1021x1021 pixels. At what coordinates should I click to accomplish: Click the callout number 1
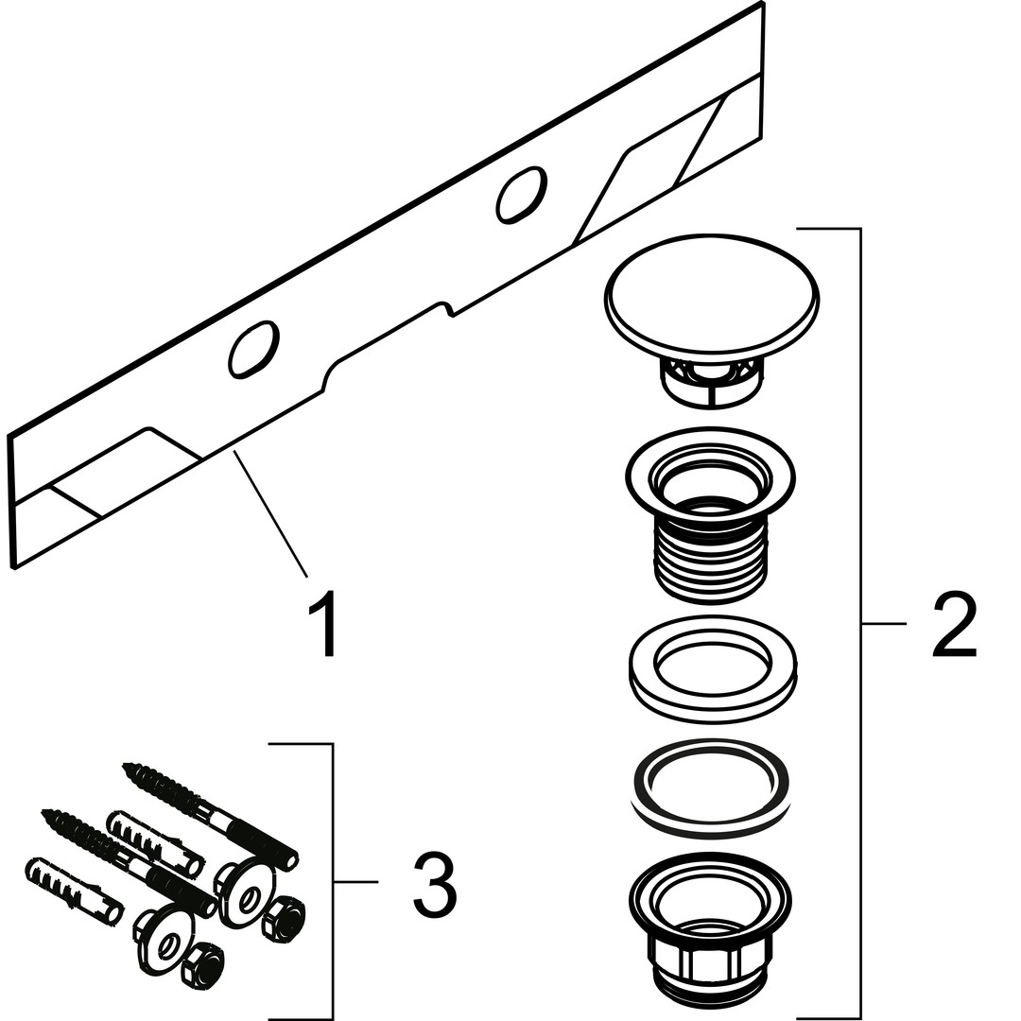[321, 624]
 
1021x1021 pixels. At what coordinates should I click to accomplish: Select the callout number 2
[953, 624]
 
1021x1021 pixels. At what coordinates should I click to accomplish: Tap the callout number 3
[434, 883]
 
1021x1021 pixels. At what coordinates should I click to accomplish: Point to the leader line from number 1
[270, 514]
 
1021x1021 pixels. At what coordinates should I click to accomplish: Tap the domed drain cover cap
[711, 292]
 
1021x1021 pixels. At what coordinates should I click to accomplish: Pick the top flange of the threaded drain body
[711, 473]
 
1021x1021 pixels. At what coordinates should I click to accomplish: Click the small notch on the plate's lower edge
[446, 308]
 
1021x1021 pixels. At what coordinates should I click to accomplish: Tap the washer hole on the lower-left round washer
[170, 942]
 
